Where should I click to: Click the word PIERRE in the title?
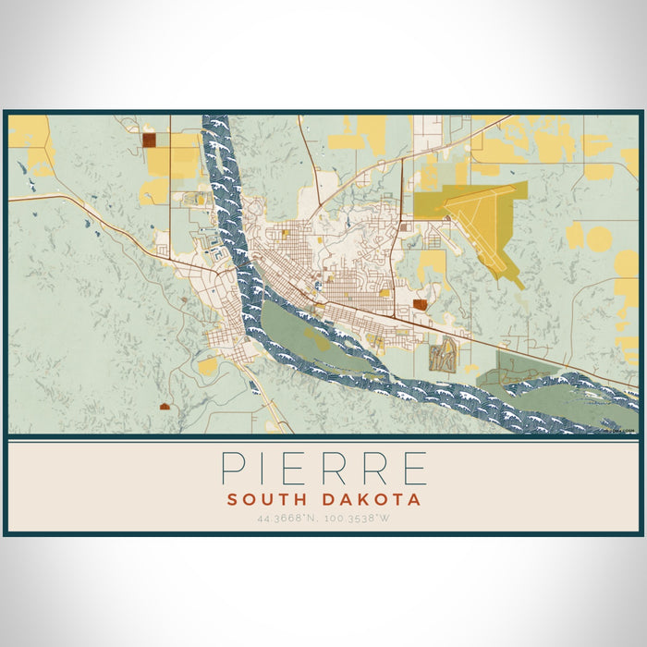coord(323,469)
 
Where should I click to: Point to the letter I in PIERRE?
coord(268,469)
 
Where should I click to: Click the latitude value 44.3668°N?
coord(288,519)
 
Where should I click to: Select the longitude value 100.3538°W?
coord(359,519)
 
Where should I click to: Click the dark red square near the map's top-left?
coord(149,140)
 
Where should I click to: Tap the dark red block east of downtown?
coord(421,304)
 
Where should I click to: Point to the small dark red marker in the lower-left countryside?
coord(165,406)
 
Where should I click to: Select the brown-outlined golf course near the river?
coord(443,354)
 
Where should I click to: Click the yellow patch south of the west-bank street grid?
coord(209,366)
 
